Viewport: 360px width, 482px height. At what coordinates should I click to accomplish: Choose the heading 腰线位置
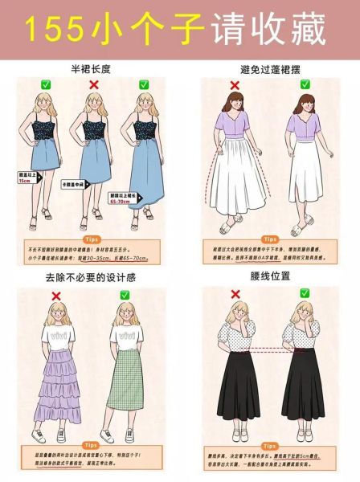click(271, 278)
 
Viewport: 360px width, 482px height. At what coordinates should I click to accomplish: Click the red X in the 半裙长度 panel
click(93, 84)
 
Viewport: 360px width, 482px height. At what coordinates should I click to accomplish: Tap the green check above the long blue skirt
click(144, 84)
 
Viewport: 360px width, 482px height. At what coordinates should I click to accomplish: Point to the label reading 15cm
click(25, 181)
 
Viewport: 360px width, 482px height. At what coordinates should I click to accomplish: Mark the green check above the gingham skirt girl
click(125, 295)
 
